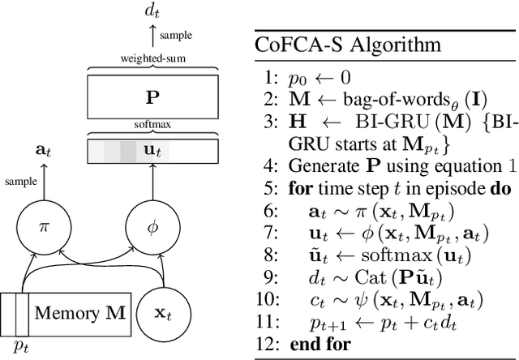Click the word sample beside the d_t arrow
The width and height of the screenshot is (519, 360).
point(176,36)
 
